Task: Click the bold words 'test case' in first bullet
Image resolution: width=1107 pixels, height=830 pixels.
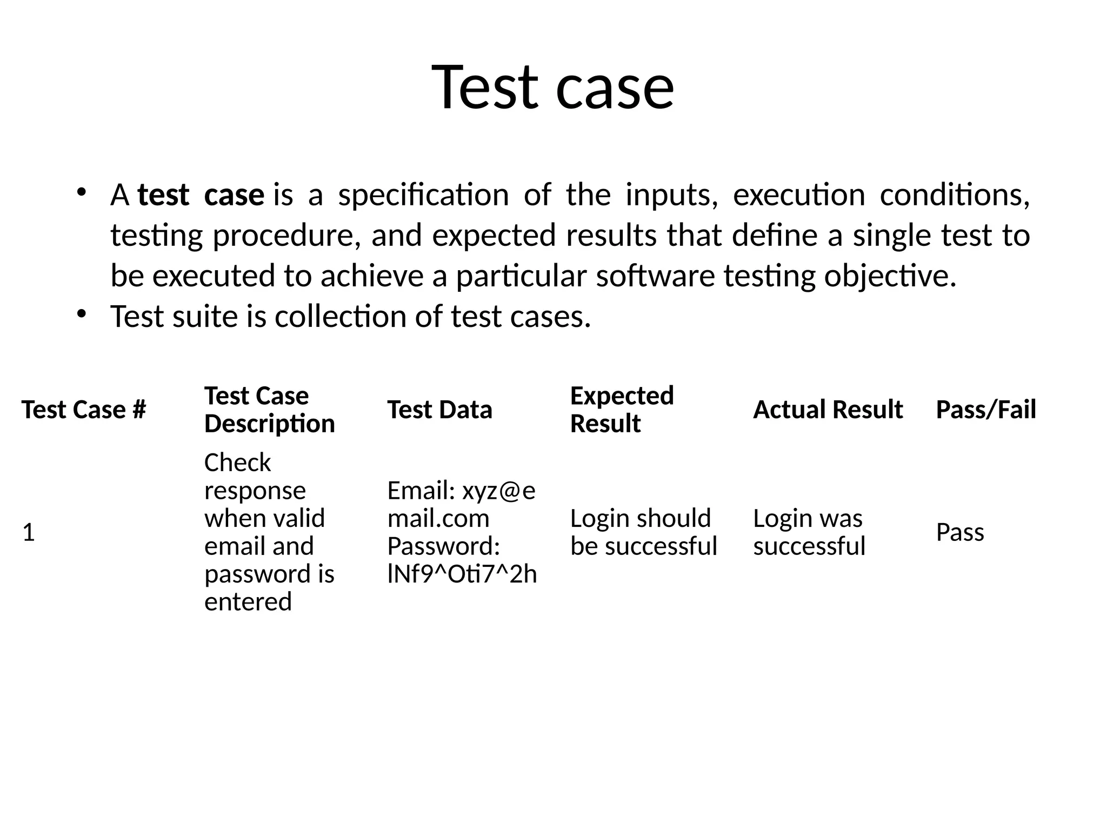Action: tap(201, 195)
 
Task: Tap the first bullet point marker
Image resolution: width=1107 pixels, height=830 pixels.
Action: tap(81, 192)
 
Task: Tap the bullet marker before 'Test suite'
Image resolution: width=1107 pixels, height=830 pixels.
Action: tap(81, 313)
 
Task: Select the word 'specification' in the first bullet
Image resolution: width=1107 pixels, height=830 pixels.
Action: tap(423, 195)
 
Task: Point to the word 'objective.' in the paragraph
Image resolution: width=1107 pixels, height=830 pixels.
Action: tap(890, 276)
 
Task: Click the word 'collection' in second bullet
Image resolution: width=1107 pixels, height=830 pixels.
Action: tap(340, 317)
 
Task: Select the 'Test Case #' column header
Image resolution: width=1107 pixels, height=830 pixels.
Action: tap(84, 410)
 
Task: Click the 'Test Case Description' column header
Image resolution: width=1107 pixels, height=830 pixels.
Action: tap(269, 410)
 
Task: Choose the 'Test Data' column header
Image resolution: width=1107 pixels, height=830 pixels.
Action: tap(439, 410)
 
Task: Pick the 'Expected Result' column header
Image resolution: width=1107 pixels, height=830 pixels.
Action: tap(622, 410)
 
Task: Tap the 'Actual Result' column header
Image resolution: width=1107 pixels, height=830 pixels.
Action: tap(828, 410)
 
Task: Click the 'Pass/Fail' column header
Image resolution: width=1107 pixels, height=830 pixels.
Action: tap(986, 410)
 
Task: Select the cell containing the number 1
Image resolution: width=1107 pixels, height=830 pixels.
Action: tap(29, 533)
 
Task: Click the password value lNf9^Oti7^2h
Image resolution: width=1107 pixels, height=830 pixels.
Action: tap(462, 574)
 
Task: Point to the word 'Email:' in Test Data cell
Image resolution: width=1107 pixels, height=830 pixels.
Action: tap(421, 491)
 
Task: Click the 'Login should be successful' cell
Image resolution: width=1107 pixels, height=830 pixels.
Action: tap(643, 532)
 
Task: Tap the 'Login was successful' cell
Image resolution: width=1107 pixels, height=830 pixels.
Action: tap(809, 532)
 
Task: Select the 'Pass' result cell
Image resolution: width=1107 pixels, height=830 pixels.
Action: tap(959, 533)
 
